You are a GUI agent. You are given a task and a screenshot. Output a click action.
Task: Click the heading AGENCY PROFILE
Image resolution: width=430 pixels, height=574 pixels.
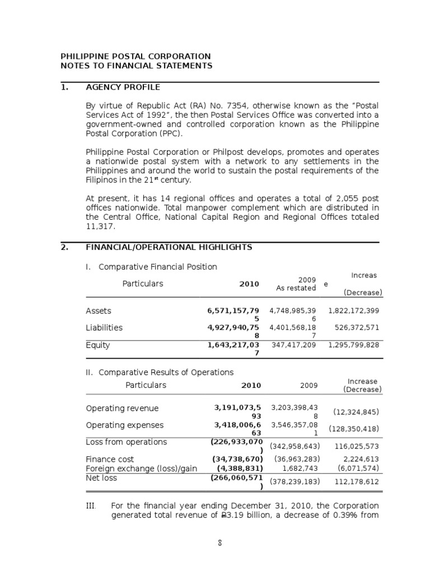123,87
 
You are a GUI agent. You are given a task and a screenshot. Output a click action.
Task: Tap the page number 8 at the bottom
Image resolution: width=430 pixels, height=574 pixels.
221,543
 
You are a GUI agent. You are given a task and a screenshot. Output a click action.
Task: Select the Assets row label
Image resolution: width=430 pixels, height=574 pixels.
99,311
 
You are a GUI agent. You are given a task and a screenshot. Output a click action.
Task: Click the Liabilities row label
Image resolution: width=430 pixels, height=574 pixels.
104,327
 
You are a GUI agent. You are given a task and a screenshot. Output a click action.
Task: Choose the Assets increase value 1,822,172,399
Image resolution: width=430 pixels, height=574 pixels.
354,311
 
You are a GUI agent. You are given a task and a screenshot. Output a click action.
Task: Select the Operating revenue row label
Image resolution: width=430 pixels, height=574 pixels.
122,408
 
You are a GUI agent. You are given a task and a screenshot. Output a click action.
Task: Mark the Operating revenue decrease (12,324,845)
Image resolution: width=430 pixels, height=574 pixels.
356,412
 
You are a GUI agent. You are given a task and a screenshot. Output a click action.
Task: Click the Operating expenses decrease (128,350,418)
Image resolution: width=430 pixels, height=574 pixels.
354,429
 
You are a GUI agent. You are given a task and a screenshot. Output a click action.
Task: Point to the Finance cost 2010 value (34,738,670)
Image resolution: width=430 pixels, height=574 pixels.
237,459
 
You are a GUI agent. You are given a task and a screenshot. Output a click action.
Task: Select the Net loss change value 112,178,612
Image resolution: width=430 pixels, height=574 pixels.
358,482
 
